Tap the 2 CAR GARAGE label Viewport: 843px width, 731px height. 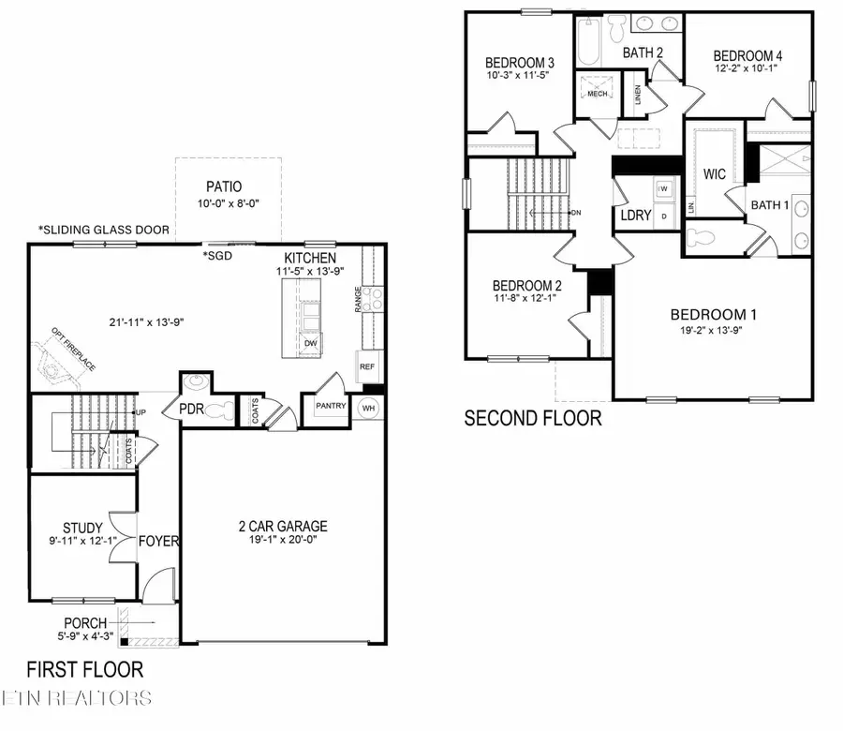coord(281,526)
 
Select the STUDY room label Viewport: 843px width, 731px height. coord(82,528)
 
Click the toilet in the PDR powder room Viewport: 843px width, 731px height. coord(221,409)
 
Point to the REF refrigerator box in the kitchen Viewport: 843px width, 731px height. coord(367,367)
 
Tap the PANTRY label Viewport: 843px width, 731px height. coord(332,406)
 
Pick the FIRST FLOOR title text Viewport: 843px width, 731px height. coord(84,669)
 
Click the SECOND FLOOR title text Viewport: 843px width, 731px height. coord(533,418)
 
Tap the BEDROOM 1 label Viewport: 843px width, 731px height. coord(713,315)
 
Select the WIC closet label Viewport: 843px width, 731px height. coord(715,174)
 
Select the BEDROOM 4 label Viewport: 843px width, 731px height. coord(747,55)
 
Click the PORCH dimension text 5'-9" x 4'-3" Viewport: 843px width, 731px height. coord(98,636)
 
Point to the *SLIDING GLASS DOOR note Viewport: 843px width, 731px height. coord(103,230)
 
